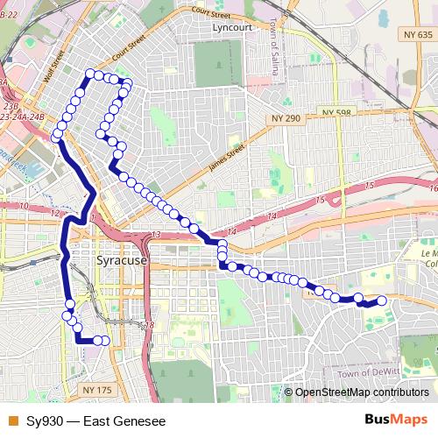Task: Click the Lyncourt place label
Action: pos(232,27)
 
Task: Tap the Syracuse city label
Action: pos(120,261)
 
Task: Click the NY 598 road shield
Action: pos(335,113)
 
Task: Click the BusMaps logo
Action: pos(396,419)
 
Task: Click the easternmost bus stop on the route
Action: pos(381,301)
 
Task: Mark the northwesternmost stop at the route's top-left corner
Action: pos(88,74)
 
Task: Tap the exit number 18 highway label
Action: pos(149,325)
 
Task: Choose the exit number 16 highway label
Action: pos(433,187)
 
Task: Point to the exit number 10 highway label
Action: pos(25,206)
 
